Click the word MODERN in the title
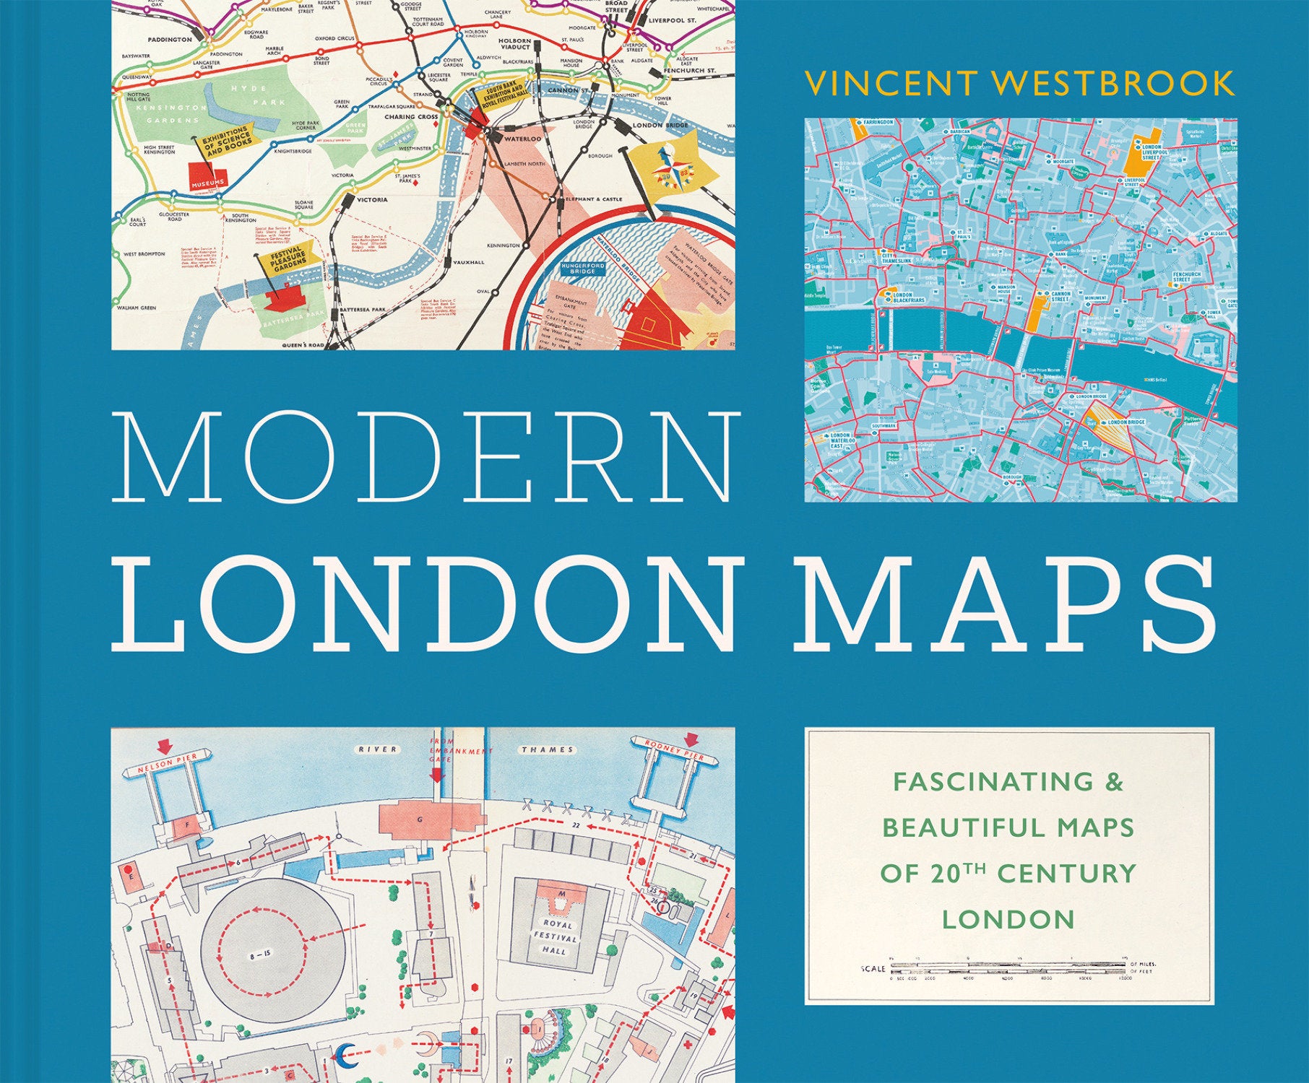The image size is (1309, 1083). pyautogui.click(x=426, y=456)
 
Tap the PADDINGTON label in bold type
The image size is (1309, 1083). pyautogui.click(x=170, y=40)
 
